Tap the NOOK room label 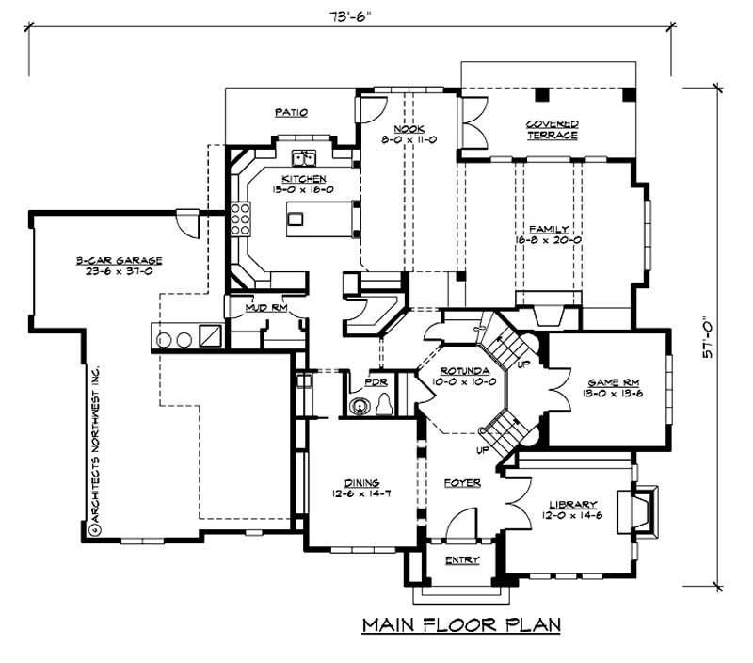click(409, 129)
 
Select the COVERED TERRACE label click(552, 129)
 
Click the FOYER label click(462, 483)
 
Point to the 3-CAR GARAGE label click(120, 260)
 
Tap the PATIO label click(292, 112)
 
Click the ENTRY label click(461, 560)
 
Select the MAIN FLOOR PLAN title click(461, 624)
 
